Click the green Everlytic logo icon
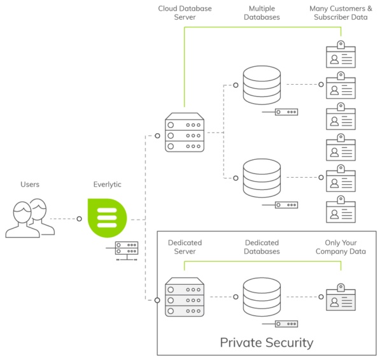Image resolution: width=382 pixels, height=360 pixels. tap(106, 219)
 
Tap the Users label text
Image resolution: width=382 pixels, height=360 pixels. tap(29, 184)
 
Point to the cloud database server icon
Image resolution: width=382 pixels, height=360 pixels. tap(185, 133)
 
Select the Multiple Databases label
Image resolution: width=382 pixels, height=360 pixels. tap(262, 13)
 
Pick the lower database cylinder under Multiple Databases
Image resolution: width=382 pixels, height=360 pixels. tap(262, 178)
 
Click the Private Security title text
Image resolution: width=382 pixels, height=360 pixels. tap(266, 342)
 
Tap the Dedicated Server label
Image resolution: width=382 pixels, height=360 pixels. tap(185, 247)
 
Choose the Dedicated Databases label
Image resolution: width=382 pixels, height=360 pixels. tap(262, 247)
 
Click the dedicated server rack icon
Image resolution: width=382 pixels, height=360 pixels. tap(185, 297)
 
